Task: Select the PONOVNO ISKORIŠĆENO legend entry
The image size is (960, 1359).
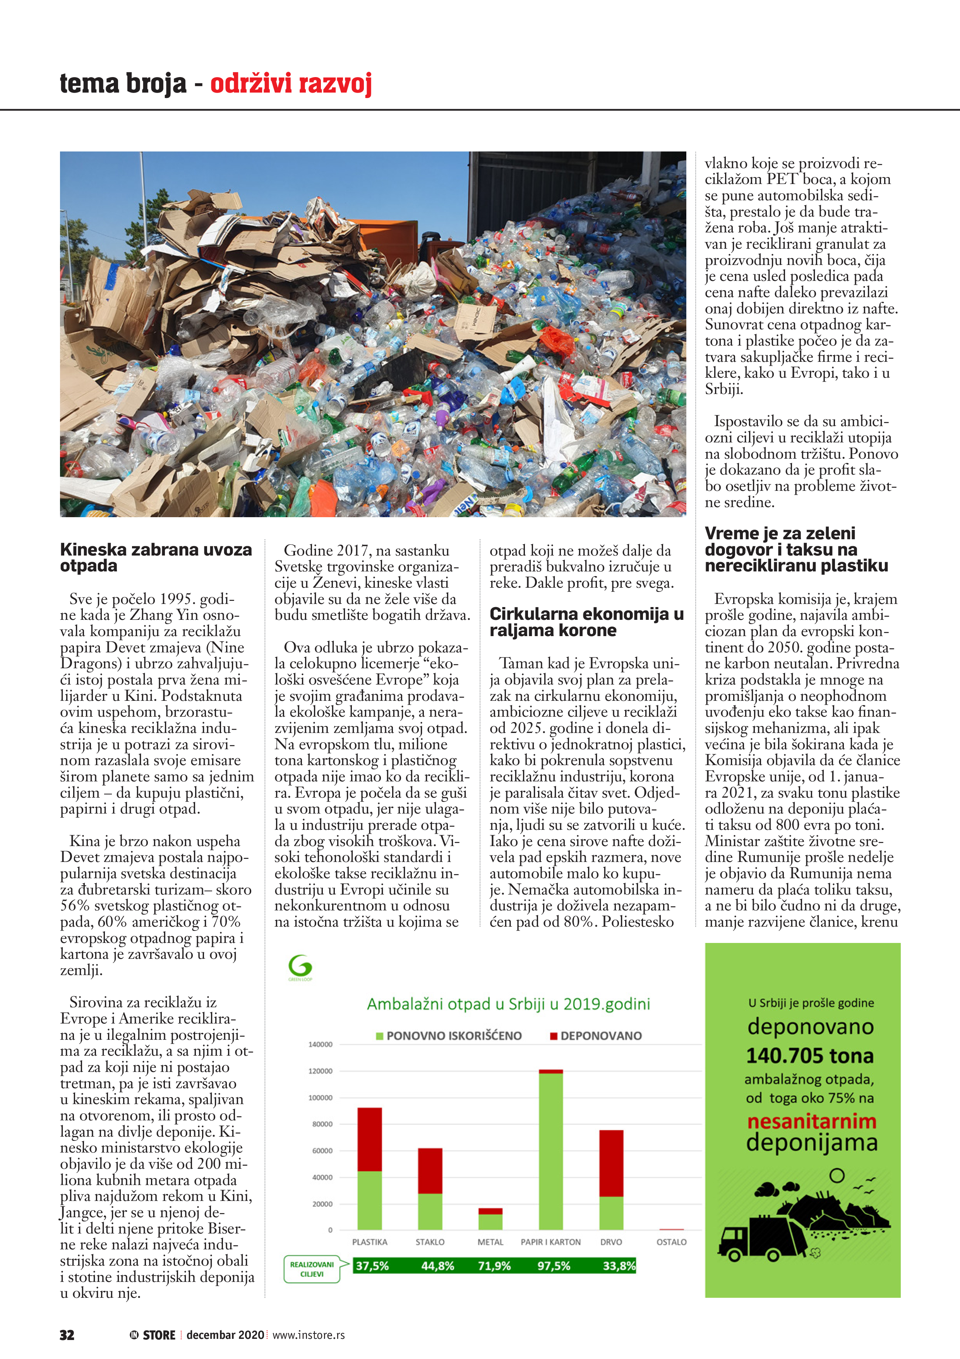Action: (x=449, y=1036)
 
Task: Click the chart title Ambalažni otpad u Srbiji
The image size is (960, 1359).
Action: (x=508, y=1004)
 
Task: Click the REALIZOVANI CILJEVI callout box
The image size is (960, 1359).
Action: (x=312, y=1269)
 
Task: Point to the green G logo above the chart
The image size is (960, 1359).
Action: (x=300, y=967)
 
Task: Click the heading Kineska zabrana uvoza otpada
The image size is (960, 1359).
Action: (x=156, y=557)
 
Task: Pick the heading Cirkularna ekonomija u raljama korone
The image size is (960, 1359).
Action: (x=586, y=622)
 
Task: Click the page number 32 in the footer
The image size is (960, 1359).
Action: (x=67, y=1335)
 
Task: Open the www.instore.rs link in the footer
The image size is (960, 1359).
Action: (x=308, y=1335)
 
